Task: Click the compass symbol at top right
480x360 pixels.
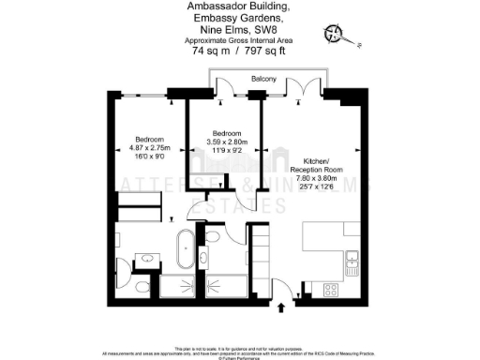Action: tap(335, 35)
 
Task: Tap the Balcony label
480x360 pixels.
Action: tap(263, 80)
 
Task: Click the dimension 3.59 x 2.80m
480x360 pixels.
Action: tap(226, 142)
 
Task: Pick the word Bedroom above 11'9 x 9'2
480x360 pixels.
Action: tap(226, 133)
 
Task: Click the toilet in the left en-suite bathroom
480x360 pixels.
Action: tap(139, 285)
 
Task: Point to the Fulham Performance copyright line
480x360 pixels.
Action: tap(239, 357)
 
